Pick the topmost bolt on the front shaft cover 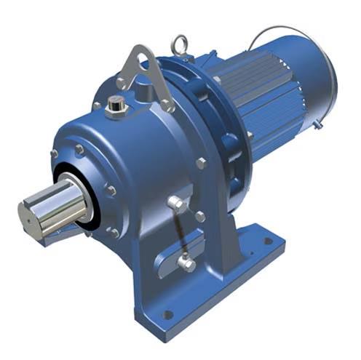tap(79, 150)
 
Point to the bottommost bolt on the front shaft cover tap(114, 233)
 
